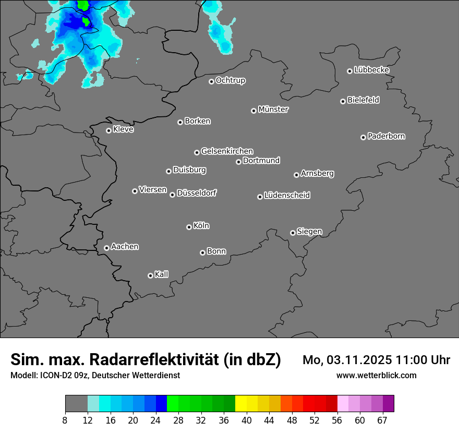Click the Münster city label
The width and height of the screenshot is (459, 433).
tap(273, 110)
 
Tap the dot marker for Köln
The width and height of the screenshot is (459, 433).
tap(189, 227)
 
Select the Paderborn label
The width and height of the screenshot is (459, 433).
tap(386, 136)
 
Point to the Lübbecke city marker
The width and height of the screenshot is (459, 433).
tap(349, 71)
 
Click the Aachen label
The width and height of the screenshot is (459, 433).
tap(125, 247)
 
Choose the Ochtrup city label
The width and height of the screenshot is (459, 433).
tap(230, 80)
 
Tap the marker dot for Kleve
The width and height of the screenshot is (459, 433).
tap(108, 130)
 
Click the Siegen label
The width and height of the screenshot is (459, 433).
tap(309, 232)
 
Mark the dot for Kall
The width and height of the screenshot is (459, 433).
tap(150, 275)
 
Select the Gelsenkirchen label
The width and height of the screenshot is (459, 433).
tap(227, 151)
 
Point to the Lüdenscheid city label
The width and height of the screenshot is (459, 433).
tap(287, 196)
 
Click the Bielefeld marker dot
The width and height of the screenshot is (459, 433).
tap(343, 101)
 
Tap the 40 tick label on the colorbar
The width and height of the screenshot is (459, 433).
tap(246, 420)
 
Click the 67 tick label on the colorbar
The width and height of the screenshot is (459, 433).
tap(382, 420)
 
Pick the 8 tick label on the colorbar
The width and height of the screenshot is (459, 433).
tap(65, 420)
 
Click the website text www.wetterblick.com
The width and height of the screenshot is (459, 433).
tap(376, 375)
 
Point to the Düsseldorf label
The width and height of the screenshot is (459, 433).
tap(197, 193)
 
